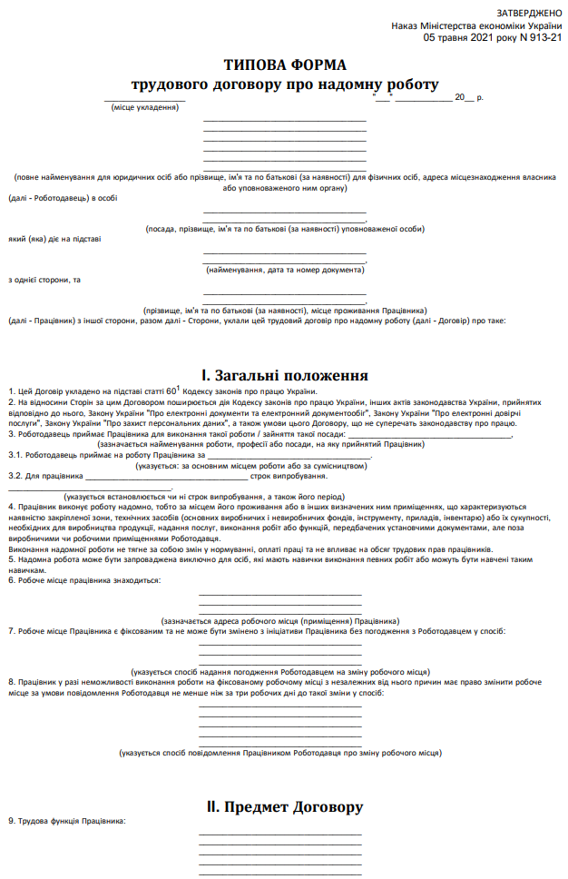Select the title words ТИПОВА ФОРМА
point(284,64)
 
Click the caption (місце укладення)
point(145,107)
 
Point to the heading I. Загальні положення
point(284,374)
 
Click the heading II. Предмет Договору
point(284,806)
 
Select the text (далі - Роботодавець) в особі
point(63,197)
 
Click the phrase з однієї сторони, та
point(44,279)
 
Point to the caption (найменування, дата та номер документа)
point(284,271)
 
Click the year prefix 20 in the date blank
point(459,96)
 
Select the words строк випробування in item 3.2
point(289,475)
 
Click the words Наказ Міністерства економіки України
point(476,26)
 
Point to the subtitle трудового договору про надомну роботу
point(284,84)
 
